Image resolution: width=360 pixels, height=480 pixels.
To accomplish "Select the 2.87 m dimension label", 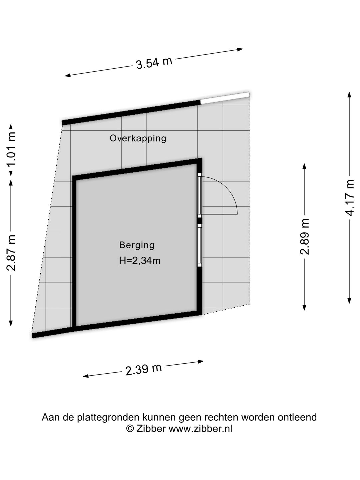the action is pos(11,253).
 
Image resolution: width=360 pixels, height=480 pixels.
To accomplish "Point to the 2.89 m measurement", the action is pos(304,236).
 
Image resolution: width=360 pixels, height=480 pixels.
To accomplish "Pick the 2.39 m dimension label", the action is pos(143,369).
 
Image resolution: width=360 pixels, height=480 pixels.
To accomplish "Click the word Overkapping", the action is pos(138,138).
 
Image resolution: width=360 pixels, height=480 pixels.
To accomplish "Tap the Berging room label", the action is pos(137,245).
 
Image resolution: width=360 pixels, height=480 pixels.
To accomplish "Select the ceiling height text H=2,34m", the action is pos(140,261).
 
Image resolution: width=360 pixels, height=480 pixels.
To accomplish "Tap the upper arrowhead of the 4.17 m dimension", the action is pos(349,94).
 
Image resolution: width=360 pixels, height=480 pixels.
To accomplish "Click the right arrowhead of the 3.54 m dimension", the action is pos(240,50).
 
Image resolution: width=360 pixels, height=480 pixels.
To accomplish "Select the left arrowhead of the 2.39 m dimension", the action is pos(86,376).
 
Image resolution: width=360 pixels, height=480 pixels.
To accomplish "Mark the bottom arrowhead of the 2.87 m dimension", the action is pos(11,323).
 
